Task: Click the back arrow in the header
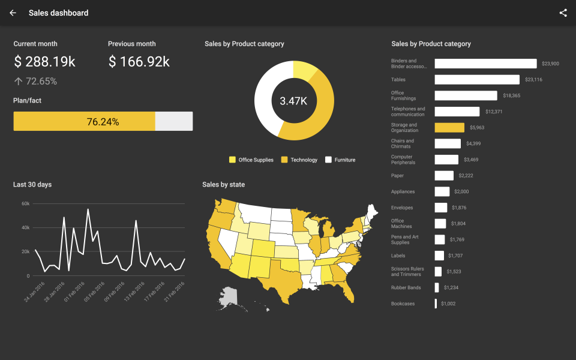pos(13,13)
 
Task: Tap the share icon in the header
pos(563,13)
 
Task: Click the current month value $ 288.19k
pos(44,62)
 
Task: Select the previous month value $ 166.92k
pos(139,62)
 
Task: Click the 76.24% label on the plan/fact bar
pos(103,122)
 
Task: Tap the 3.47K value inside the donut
pos(293,101)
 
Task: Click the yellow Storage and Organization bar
pos(449,128)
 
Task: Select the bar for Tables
pos(477,79)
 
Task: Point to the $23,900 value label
pos(550,64)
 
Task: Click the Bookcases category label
pos(402,304)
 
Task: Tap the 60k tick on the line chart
pos(26,204)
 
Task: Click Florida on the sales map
pos(348,291)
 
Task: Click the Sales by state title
pos(223,185)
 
